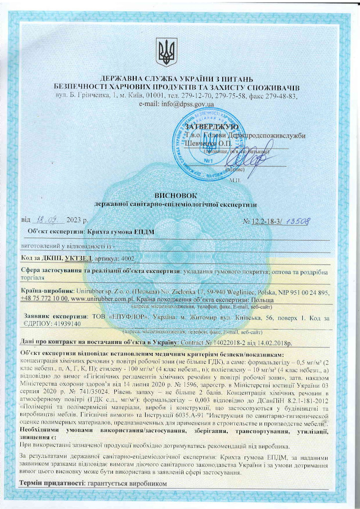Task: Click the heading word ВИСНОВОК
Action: (x=169, y=196)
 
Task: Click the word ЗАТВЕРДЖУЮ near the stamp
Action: (x=211, y=128)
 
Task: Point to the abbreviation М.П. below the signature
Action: (x=235, y=180)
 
